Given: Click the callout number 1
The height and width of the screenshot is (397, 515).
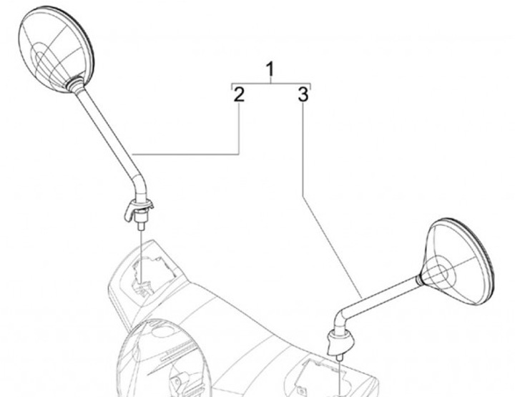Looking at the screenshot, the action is pyautogui.click(x=270, y=69).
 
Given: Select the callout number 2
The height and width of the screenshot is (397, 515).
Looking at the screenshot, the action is pyautogui.click(x=239, y=94).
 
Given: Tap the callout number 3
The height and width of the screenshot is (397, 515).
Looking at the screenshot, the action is pyautogui.click(x=303, y=94).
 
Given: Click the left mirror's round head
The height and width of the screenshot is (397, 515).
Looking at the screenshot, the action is pyautogui.click(x=56, y=49).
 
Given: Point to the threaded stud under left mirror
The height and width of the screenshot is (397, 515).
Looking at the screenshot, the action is pyautogui.click(x=142, y=227).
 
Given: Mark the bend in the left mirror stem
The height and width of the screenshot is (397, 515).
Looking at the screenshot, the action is pyautogui.click(x=139, y=184).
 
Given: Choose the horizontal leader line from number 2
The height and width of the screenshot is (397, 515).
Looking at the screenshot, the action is pyautogui.click(x=185, y=154).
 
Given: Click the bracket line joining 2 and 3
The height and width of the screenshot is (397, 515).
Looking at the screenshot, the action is pyautogui.click(x=271, y=84).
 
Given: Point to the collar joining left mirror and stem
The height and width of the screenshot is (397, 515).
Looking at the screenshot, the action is pyautogui.click(x=76, y=83).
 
